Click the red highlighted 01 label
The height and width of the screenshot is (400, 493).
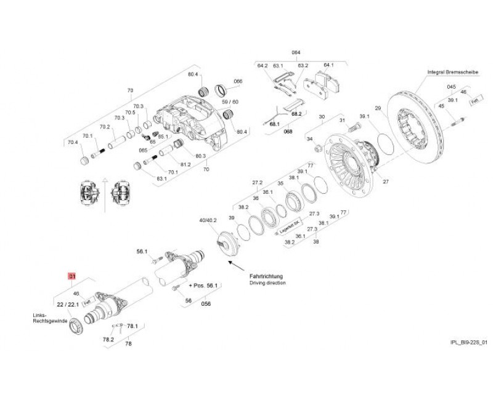[x=71, y=276]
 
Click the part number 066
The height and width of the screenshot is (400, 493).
[x=238, y=81]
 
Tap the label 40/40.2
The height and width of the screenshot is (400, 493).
[x=207, y=220]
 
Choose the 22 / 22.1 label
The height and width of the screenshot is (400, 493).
[x=67, y=305]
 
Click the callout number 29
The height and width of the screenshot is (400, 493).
[x=378, y=109]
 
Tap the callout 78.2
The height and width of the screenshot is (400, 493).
[x=108, y=338]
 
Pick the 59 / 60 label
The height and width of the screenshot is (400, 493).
[x=230, y=102]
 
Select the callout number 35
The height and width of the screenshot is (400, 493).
[x=280, y=183]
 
